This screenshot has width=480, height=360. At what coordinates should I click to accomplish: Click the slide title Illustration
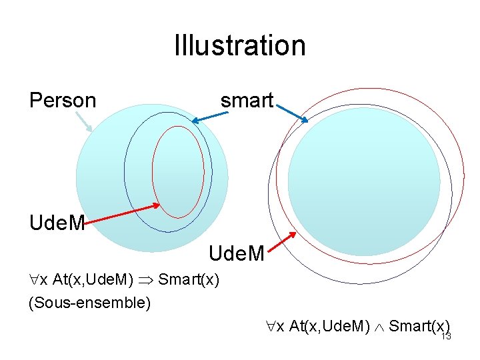coord(240,45)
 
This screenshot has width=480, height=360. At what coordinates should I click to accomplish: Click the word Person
coord(63,101)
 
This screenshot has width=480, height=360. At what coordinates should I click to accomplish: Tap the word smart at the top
coord(247,101)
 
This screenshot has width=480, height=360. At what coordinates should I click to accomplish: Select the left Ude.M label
coord(57,223)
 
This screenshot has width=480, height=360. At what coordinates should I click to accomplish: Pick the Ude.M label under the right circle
coord(237,253)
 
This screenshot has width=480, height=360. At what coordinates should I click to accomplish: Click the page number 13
coord(446,337)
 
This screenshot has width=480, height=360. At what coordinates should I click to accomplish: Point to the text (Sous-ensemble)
coord(90,303)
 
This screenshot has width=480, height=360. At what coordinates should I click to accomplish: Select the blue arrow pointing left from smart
coord(210,117)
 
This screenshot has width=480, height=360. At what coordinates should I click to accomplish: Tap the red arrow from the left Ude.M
coord(123,213)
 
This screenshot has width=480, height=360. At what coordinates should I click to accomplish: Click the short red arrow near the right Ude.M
coord(286,241)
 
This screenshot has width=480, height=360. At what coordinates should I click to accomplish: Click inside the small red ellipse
coord(177,172)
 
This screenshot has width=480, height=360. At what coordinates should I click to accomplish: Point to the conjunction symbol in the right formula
coord(378,326)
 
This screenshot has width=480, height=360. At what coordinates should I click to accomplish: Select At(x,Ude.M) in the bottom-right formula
coord(328,326)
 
